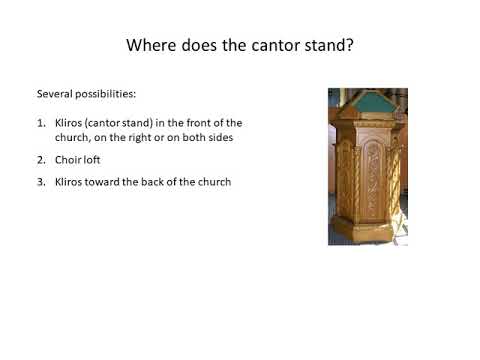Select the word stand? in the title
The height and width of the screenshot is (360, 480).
point(326,46)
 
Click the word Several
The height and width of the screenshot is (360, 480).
point(53,93)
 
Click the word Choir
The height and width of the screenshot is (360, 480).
point(68,160)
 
